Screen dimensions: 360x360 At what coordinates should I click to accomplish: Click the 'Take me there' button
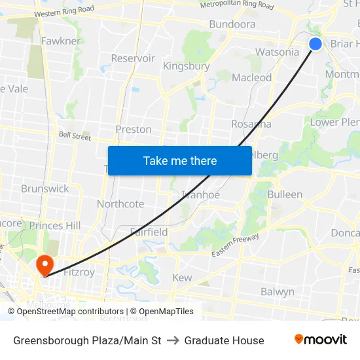(180, 160)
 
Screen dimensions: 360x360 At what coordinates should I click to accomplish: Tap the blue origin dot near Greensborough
(315, 44)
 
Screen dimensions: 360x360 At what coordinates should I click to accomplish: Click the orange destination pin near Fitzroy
(45, 265)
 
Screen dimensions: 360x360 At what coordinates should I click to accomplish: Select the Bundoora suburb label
(232, 24)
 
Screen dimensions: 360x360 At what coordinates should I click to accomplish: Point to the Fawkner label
(61, 41)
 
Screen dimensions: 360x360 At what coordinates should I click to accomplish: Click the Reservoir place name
(133, 58)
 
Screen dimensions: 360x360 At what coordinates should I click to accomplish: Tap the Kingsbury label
(186, 66)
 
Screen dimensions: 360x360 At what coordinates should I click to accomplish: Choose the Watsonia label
(277, 52)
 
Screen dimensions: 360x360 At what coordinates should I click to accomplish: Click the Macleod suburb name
(252, 77)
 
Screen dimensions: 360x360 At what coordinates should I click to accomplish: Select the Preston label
(134, 129)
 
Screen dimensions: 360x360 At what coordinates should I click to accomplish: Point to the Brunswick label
(45, 189)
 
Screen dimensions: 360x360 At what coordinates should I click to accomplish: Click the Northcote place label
(120, 204)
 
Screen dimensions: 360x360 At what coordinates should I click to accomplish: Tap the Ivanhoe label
(201, 194)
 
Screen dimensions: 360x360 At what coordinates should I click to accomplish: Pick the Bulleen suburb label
(285, 194)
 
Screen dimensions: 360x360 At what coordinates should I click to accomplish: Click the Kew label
(182, 278)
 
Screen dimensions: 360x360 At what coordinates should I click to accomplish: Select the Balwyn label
(278, 292)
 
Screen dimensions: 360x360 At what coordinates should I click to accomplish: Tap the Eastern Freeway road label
(235, 245)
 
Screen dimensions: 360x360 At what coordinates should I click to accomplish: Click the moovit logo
(321, 340)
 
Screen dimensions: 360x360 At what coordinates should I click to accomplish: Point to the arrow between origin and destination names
(173, 340)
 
